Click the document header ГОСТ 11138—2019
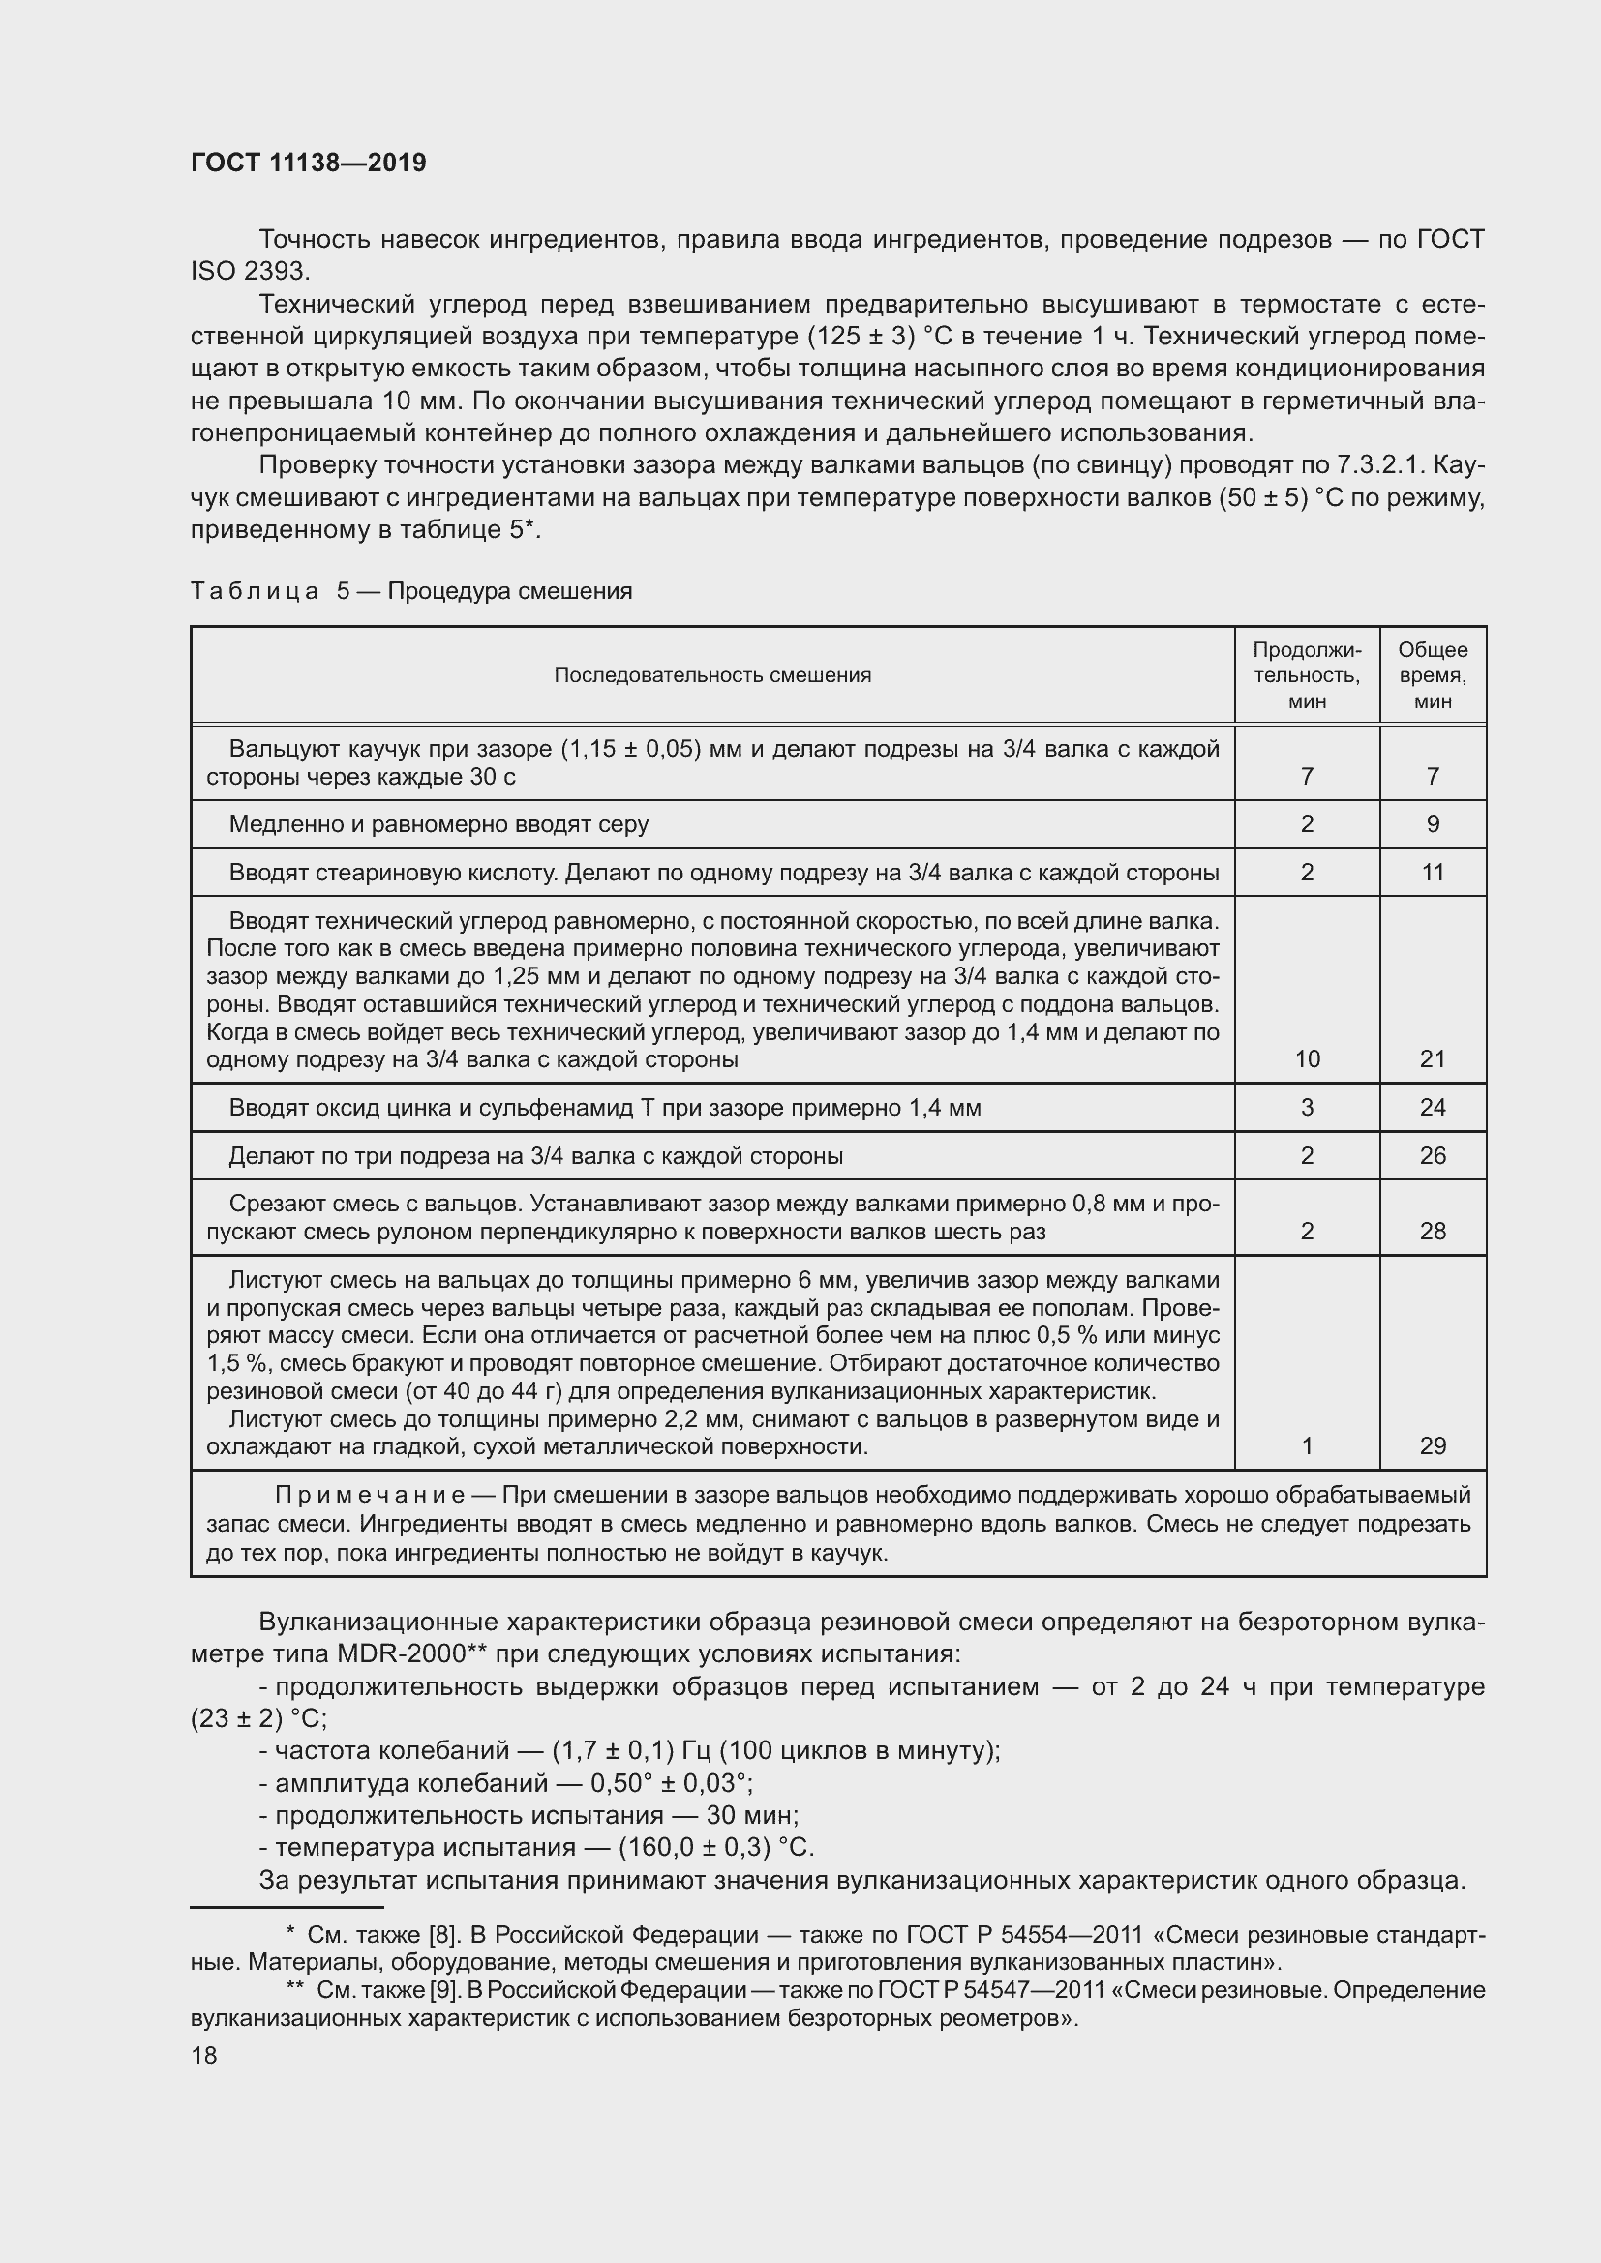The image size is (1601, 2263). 309,163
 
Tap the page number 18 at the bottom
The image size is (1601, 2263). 204,2055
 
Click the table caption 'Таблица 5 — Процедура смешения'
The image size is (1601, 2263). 411,591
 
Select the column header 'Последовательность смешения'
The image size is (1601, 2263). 711,675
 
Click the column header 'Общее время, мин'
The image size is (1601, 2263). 1433,675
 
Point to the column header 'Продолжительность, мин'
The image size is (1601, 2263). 1306,675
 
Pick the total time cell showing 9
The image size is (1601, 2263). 1433,824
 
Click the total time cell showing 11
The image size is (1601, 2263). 1433,873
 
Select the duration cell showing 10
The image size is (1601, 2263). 1306,1058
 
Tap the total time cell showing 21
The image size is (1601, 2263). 1433,1058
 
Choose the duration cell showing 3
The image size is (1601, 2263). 1306,1107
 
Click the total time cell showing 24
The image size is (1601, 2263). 1433,1107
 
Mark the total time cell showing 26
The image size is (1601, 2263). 1433,1155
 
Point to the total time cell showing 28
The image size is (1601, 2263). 1433,1231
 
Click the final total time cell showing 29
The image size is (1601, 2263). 1433,1445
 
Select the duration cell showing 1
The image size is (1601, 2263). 1306,1445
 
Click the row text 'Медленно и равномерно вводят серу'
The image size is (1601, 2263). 438,824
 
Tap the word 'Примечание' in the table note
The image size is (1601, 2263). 370,1495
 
